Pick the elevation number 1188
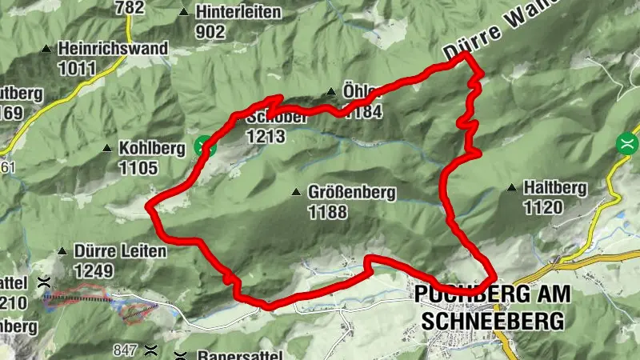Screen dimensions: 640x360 click(327, 212)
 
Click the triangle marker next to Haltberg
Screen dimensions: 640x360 click(510, 189)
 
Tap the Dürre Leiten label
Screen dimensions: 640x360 click(120, 251)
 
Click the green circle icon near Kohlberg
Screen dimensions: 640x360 click(205, 145)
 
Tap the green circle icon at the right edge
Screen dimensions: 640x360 click(628, 144)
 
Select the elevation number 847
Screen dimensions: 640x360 click(126, 350)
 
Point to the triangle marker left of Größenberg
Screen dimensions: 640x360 click(296, 193)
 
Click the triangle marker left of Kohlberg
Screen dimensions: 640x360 click(107, 148)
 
